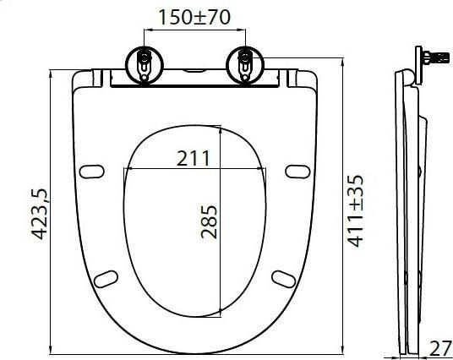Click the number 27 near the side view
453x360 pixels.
439,346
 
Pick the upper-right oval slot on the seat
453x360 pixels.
297,172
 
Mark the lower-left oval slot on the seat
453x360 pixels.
106,279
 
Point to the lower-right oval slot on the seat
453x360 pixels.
281,279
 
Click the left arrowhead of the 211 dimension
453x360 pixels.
127,169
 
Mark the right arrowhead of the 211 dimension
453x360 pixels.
260,169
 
